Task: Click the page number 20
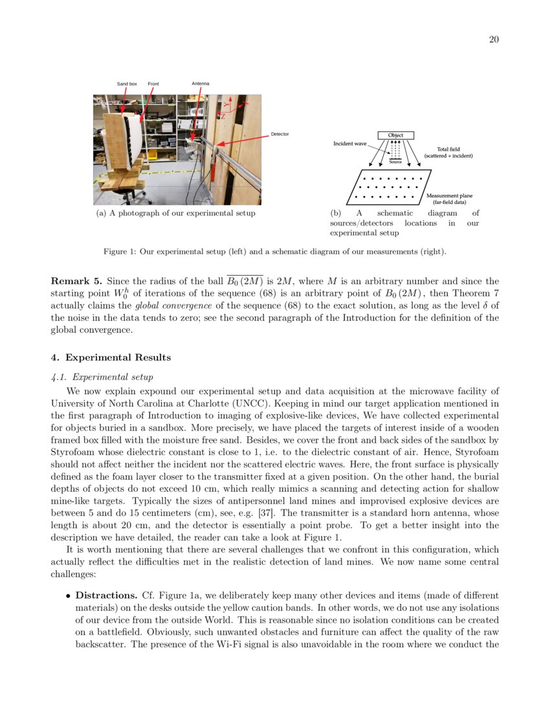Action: pos(493,40)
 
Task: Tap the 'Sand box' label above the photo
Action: pos(127,84)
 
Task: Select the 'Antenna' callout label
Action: pos(201,84)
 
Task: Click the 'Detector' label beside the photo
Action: pos(280,134)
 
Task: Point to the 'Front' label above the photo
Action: pos(153,84)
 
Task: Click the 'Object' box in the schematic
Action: pos(395,135)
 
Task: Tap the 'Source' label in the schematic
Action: pos(395,162)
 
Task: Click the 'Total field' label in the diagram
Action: pos(448,150)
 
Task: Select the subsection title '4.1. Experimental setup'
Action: pos(101,376)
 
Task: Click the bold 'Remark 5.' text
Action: pos(76,282)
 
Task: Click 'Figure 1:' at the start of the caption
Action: pos(120,251)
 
